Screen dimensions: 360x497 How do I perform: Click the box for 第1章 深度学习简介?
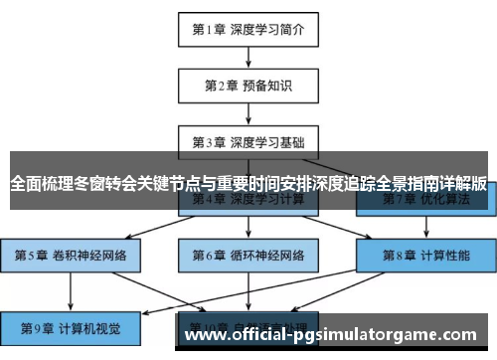pyautogui.click(x=248, y=29)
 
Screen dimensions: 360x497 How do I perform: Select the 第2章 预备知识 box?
pyautogui.click(x=248, y=87)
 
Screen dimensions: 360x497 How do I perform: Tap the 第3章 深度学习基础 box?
pyautogui.click(x=248, y=142)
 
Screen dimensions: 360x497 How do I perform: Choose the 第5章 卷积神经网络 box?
pyautogui.click(x=71, y=255)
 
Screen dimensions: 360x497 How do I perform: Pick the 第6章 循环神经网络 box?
pyautogui.click(x=248, y=255)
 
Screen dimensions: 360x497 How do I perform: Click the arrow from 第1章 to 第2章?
pyautogui.click(x=248, y=57)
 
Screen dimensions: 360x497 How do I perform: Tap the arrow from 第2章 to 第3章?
pyautogui.click(x=248, y=113)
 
